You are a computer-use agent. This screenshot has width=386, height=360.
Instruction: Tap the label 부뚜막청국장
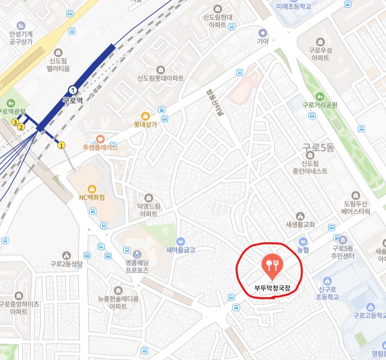coord(272,289)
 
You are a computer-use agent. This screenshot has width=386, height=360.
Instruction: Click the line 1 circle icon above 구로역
coord(73,90)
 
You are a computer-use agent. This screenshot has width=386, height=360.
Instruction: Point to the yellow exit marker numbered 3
coord(15,122)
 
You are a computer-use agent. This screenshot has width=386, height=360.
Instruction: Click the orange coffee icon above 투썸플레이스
coord(100,138)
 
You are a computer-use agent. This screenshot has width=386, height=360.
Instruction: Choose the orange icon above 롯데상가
coord(145,115)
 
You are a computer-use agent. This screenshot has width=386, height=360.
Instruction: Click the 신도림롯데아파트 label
coord(161,78)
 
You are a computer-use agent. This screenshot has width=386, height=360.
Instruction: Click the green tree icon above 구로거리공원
coord(319,96)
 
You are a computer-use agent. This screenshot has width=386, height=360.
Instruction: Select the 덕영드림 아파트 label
coord(148,209)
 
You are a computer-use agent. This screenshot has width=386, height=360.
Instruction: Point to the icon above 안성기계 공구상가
coord(21,25)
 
